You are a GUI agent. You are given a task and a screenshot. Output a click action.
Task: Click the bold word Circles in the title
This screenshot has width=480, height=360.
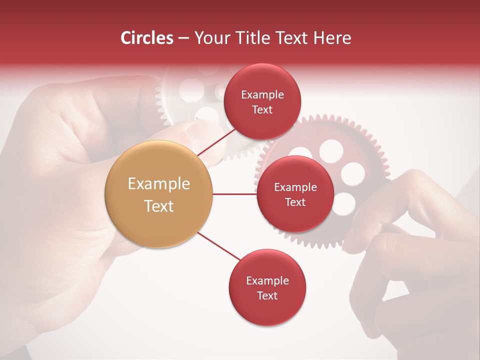(x=146, y=38)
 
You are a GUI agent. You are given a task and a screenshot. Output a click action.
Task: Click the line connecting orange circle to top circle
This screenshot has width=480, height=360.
(x=216, y=142)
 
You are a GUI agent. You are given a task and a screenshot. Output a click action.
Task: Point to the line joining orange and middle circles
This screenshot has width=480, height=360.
(x=234, y=194)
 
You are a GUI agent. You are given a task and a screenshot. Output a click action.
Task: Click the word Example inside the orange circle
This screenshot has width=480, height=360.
(x=158, y=184)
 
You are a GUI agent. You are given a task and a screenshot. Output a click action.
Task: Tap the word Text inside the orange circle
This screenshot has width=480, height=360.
(x=158, y=206)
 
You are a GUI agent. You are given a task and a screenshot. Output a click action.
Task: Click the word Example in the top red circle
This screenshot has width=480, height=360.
(x=262, y=95)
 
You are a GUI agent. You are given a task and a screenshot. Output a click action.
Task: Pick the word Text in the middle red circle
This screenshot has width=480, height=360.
(x=295, y=202)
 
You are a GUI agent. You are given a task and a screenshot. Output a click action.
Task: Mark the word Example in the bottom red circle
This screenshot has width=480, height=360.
(x=267, y=281)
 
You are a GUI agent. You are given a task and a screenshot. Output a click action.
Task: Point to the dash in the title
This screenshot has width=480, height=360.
(x=183, y=38)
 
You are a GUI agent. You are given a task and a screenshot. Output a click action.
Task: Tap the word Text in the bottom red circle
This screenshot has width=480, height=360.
(x=267, y=296)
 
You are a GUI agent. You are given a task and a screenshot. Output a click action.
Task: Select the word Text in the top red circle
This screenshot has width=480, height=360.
(x=262, y=110)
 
